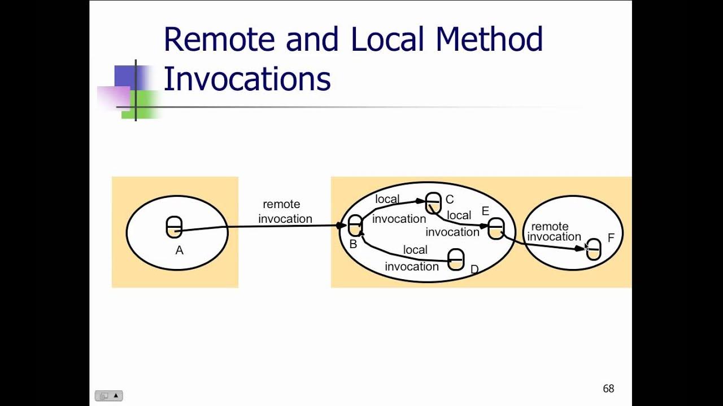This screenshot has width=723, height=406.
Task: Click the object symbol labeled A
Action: click(x=174, y=227)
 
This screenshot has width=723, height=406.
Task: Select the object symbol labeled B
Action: click(x=355, y=226)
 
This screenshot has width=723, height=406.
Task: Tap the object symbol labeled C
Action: click(x=433, y=203)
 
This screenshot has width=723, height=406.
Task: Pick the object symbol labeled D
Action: click(x=456, y=260)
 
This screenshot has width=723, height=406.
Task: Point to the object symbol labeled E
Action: click(x=496, y=228)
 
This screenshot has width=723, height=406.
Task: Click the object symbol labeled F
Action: click(x=594, y=249)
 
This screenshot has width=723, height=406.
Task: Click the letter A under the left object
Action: click(x=179, y=251)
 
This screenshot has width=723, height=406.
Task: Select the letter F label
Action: click(x=611, y=238)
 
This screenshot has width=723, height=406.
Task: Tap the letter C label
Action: click(x=450, y=199)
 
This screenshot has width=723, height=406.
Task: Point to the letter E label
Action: click(x=485, y=211)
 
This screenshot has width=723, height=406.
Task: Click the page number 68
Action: click(x=608, y=389)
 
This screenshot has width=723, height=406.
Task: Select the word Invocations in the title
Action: click(x=247, y=79)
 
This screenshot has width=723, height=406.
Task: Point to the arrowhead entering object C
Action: click(x=420, y=201)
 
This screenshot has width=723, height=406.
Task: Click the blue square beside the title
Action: click(x=125, y=76)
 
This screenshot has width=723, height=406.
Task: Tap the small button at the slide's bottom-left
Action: click(x=108, y=396)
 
